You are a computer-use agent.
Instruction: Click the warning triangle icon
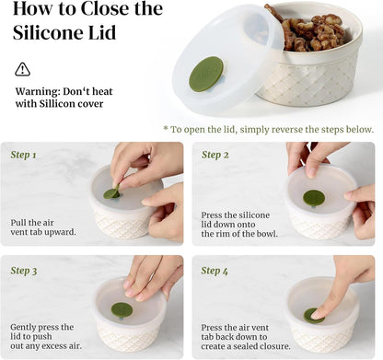[23, 70]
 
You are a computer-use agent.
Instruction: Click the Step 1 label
[24, 155]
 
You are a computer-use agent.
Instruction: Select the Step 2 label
[215, 155]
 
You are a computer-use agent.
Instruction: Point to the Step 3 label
[24, 271]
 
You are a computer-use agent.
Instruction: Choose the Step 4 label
[215, 271]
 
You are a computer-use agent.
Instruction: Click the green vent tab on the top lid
[206, 74]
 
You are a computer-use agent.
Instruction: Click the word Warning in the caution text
[41, 92]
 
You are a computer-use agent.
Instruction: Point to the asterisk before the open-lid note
[166, 129]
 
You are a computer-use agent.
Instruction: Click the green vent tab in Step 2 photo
[314, 197]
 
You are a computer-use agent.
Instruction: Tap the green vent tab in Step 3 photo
[122, 309]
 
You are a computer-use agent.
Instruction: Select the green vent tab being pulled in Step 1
[111, 192]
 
